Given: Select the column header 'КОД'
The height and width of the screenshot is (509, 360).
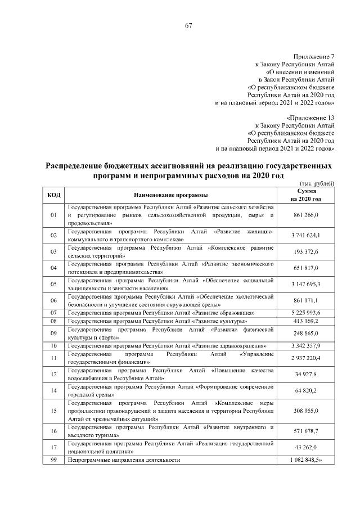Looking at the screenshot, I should point(54,195).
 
